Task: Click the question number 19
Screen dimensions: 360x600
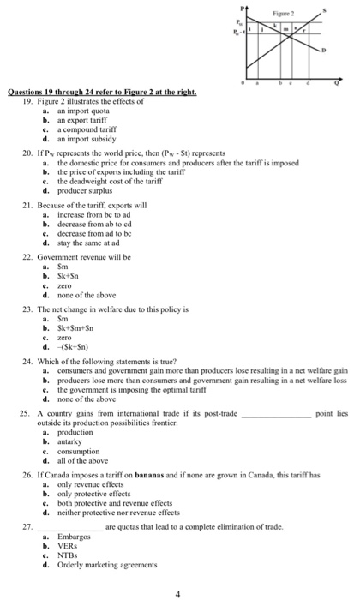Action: tap(26, 100)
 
